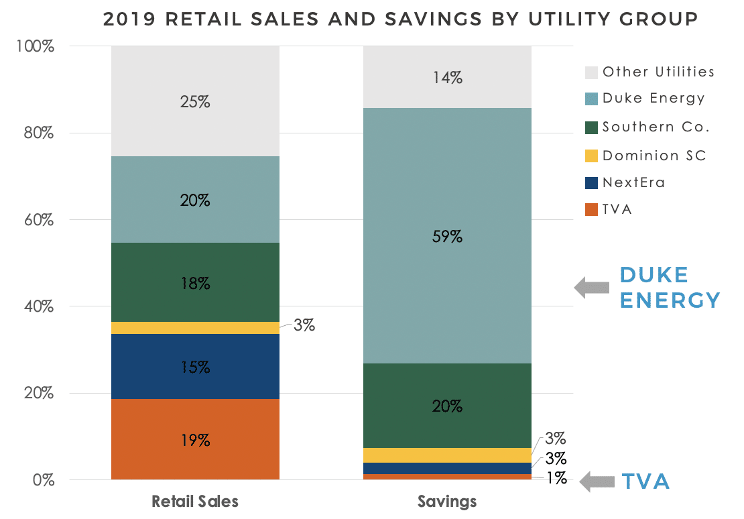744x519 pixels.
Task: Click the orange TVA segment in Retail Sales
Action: click(x=195, y=439)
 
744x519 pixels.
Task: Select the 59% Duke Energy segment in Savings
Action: click(x=447, y=236)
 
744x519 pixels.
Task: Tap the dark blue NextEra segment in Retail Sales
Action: click(x=195, y=366)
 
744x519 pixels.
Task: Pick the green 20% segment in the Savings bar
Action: click(x=447, y=406)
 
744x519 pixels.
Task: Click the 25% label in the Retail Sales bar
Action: click(x=195, y=102)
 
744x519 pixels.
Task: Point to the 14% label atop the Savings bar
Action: click(x=447, y=78)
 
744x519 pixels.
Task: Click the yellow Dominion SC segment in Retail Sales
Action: click(x=195, y=328)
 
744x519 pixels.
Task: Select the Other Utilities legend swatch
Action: click(x=591, y=72)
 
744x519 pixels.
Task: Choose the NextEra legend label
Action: click(x=634, y=182)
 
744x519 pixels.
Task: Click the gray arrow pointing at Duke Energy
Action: click(x=593, y=288)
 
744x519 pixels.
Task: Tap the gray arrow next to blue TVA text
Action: click(x=597, y=481)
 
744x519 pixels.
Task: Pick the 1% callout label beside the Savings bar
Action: click(x=556, y=479)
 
